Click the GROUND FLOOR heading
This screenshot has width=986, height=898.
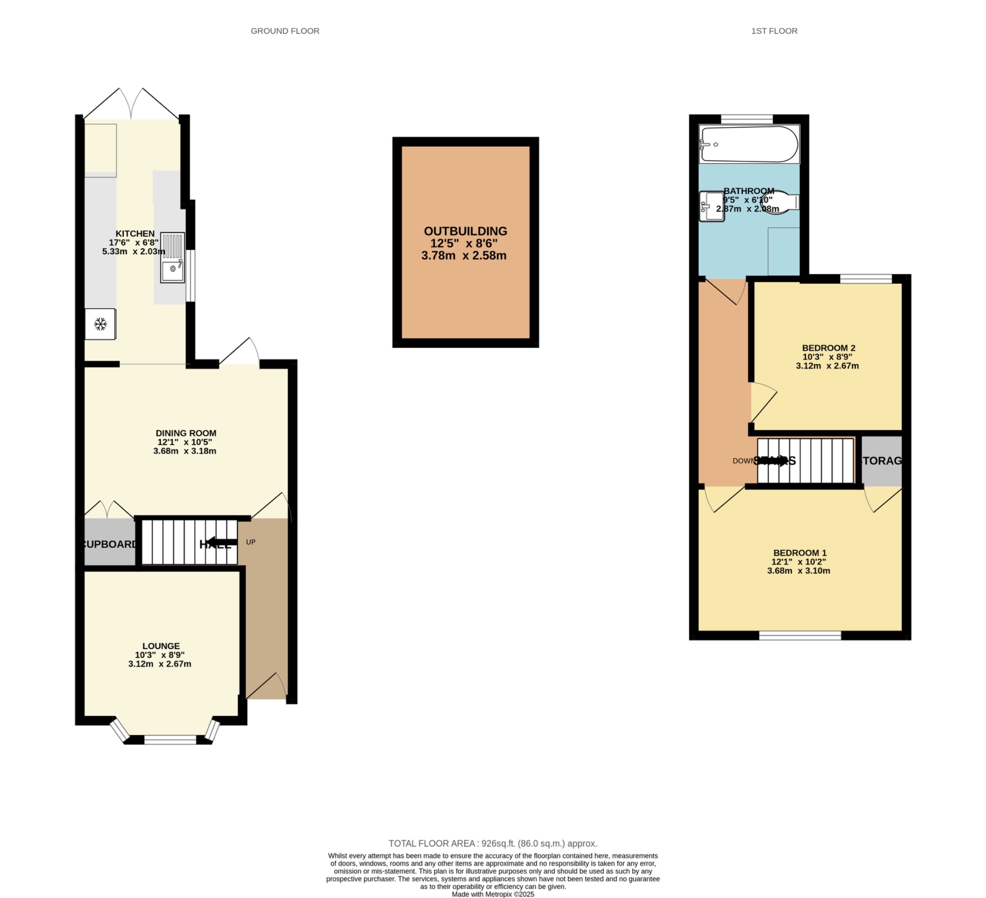[x=285, y=31]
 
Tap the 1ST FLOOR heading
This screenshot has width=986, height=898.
[x=774, y=31]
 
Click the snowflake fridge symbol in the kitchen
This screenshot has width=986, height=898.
[x=100, y=324]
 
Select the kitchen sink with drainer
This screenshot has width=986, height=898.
[x=173, y=258]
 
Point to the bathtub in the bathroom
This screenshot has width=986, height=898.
[x=749, y=145]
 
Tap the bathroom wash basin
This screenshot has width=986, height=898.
[x=711, y=206]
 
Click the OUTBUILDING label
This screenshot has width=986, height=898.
[x=465, y=231]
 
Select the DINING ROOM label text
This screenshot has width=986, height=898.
[x=185, y=433]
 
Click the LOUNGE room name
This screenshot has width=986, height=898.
[x=161, y=646]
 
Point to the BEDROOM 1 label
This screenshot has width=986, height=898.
[x=799, y=553]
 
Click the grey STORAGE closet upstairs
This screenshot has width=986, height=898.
[x=882, y=461]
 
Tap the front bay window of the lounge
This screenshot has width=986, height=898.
[x=170, y=740]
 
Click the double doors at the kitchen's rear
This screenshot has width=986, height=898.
[x=131, y=105]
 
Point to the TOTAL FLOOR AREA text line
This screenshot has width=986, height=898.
[x=493, y=843]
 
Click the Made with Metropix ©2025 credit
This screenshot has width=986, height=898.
[x=493, y=894]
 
